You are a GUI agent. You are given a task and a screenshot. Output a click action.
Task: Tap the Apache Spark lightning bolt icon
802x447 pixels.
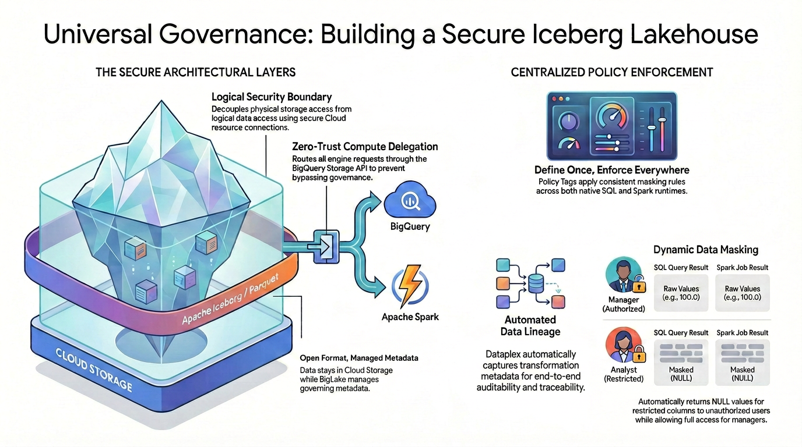point(410,286)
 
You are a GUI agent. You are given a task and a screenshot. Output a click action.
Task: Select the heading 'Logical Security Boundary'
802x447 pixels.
point(272,97)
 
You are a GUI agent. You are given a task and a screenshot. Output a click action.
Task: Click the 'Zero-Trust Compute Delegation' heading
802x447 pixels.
point(364,147)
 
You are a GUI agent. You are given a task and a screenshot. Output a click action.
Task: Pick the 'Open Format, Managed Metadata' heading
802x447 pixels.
point(358,358)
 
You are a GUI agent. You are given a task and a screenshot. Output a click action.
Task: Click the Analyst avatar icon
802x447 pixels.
point(621,345)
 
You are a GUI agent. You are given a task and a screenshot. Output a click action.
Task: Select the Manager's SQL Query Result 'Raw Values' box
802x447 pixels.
point(681,293)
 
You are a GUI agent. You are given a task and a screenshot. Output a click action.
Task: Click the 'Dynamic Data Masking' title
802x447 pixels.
point(705,250)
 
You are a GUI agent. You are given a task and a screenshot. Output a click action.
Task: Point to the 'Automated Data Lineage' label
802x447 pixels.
point(530,326)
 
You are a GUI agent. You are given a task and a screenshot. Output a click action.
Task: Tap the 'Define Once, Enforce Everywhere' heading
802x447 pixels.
point(611,170)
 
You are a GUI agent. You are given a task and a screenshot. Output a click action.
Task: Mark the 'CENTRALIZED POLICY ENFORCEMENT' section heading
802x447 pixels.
point(612,72)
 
